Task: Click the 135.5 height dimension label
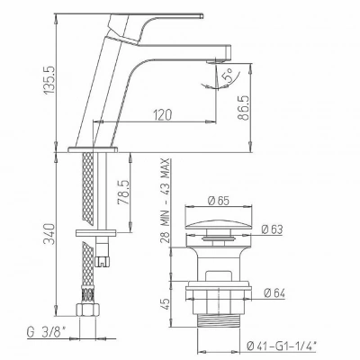(x=49, y=79)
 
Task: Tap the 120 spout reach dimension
(x=163, y=114)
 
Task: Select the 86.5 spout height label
(x=245, y=108)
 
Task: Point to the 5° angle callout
(x=227, y=76)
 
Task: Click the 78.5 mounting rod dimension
(x=123, y=193)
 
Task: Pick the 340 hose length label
(x=49, y=234)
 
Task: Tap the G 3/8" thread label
(x=46, y=332)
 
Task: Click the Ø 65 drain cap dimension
(x=219, y=201)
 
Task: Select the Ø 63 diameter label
(x=272, y=229)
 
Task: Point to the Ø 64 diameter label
(x=274, y=293)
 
